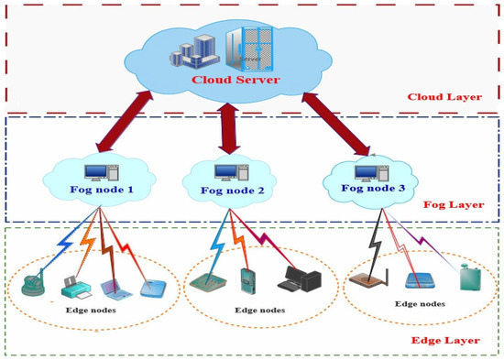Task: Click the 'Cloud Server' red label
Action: tap(236, 80)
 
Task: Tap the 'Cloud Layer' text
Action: tap(444, 97)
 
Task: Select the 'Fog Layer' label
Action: tap(454, 204)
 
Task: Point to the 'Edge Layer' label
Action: tap(445, 341)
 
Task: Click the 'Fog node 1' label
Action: tap(102, 190)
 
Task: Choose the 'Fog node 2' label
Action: tap(233, 191)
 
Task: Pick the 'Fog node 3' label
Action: tap(373, 188)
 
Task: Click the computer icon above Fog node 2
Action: tap(232, 172)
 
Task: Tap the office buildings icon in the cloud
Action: tap(195, 51)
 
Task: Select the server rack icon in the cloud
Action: tap(249, 49)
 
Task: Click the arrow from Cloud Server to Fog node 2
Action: tap(229, 128)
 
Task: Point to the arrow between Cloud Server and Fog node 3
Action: tap(336, 124)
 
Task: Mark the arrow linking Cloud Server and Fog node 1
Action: tap(125, 122)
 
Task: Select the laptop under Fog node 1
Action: tap(115, 289)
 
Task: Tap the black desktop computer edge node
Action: tap(300, 279)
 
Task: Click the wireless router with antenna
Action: tap(369, 278)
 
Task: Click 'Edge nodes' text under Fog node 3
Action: tap(420, 304)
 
